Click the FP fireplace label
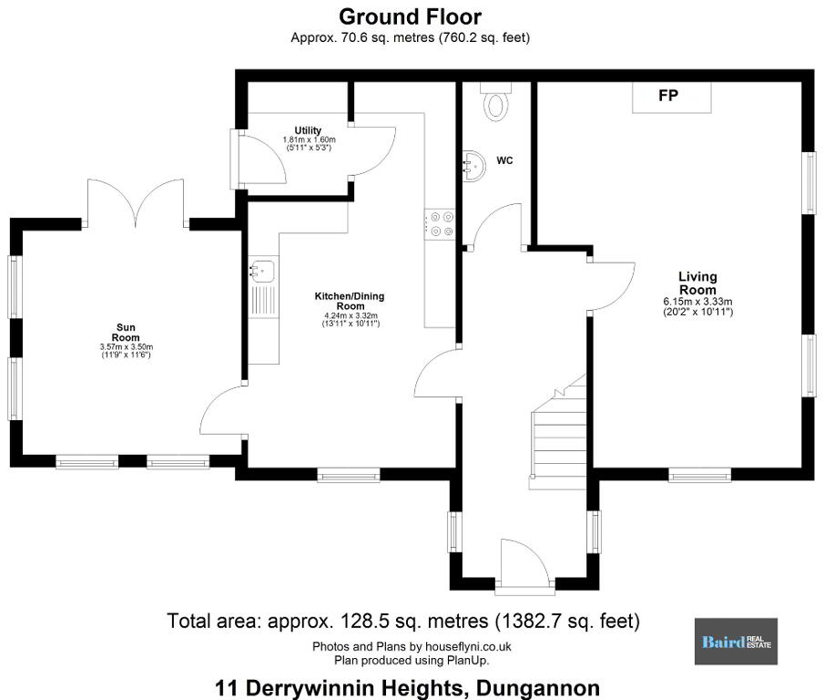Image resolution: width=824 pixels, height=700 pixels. point(668,95)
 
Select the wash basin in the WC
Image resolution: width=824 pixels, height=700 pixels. point(473,167)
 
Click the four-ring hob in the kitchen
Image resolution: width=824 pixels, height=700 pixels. point(440,224)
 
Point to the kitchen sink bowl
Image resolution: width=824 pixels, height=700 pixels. point(262,272)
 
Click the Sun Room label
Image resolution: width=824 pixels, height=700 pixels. point(126,333)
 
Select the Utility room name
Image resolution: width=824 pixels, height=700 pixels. point(308,130)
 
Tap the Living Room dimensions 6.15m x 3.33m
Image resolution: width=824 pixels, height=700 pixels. point(697,302)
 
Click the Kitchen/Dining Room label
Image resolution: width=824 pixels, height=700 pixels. point(350,302)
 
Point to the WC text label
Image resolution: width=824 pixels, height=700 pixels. point(504,160)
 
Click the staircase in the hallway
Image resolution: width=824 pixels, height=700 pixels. point(559,432)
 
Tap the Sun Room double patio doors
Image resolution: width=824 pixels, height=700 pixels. point(136,203)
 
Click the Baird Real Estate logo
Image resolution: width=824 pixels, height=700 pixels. point(736,641)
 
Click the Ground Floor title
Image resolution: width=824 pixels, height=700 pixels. point(410,16)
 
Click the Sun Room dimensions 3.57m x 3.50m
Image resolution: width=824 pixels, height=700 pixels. point(127,347)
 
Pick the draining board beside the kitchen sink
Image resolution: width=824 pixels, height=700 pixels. point(262,301)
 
